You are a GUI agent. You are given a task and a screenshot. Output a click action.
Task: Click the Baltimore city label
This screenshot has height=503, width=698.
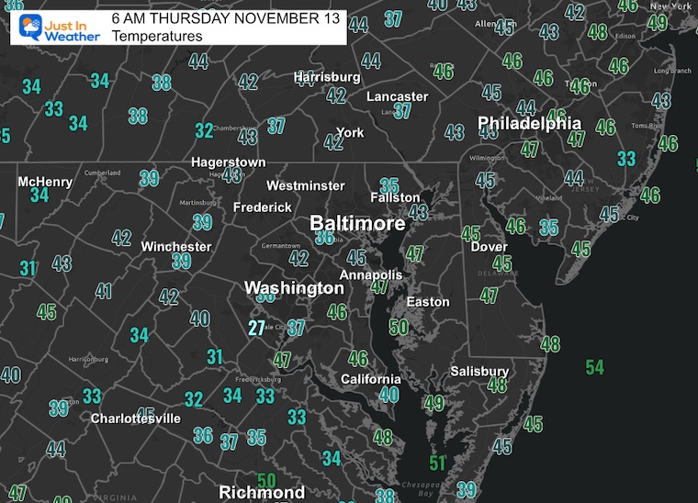pyautogui.click(x=357, y=224)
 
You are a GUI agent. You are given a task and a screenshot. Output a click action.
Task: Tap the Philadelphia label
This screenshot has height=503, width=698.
pyautogui.click(x=529, y=124)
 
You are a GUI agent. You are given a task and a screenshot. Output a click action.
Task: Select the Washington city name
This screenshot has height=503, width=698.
pyautogui.click(x=294, y=288)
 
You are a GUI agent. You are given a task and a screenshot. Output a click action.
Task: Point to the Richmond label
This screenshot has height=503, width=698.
pyautogui.click(x=262, y=493)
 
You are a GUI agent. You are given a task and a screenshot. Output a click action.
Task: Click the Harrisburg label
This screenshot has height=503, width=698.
pyautogui.click(x=327, y=77)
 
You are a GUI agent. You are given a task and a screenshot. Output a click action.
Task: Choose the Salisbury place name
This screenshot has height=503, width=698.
pyautogui.click(x=479, y=371)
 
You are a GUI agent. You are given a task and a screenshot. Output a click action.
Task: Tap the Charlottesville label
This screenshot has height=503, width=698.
pyautogui.click(x=135, y=419)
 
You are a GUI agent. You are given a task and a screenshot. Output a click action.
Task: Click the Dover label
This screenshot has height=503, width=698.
pyautogui.click(x=490, y=247)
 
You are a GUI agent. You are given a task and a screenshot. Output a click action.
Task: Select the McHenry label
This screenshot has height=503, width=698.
pyautogui.click(x=45, y=182)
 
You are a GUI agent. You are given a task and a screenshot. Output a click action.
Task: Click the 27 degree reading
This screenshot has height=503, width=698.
pyautogui.click(x=257, y=328)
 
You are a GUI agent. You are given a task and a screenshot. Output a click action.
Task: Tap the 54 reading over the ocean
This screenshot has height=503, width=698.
pyautogui.click(x=594, y=367)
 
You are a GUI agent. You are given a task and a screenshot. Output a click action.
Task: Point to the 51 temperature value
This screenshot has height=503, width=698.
pyautogui.click(x=438, y=464)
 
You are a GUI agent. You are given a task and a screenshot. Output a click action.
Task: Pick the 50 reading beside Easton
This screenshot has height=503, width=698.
pyautogui.click(x=399, y=327)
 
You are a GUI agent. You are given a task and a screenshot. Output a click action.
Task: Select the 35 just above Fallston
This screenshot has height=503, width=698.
pyautogui.click(x=389, y=185)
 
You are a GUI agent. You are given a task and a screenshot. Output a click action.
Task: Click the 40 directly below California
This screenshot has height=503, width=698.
pyautogui.click(x=389, y=395)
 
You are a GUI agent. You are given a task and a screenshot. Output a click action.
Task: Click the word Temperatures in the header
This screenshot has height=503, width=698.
pyautogui.click(x=156, y=37)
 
